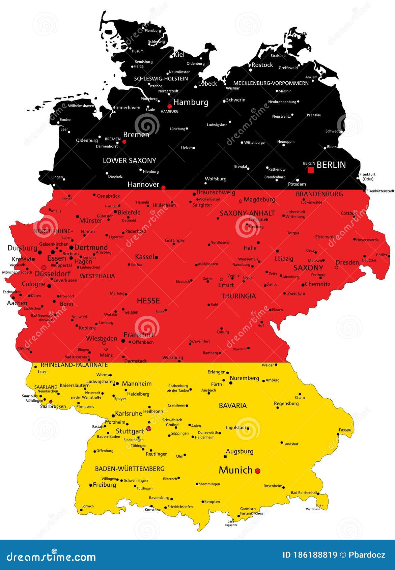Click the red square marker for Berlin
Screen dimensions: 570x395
[x=311, y=170]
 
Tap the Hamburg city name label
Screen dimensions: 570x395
[x=191, y=102]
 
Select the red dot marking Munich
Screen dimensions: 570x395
[x=258, y=471]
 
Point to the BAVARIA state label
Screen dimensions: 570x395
[x=233, y=405]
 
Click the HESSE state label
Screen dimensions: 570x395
[x=148, y=301]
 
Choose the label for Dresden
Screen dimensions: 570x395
[x=347, y=262]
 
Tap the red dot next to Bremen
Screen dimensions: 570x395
[x=124, y=142]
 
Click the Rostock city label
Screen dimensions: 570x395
[x=262, y=65]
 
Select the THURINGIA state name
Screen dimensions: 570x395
[x=238, y=296]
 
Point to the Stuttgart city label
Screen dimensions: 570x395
[x=130, y=431]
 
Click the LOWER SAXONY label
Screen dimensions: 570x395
[x=130, y=161]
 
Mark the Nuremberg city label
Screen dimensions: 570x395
[x=244, y=378]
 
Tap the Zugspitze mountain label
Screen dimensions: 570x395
[x=231, y=525]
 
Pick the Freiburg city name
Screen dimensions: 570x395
[x=104, y=485]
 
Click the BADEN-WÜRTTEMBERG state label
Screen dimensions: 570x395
[x=130, y=468]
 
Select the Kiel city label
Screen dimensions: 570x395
[x=179, y=54]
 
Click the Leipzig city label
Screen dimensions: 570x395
[x=284, y=259]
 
